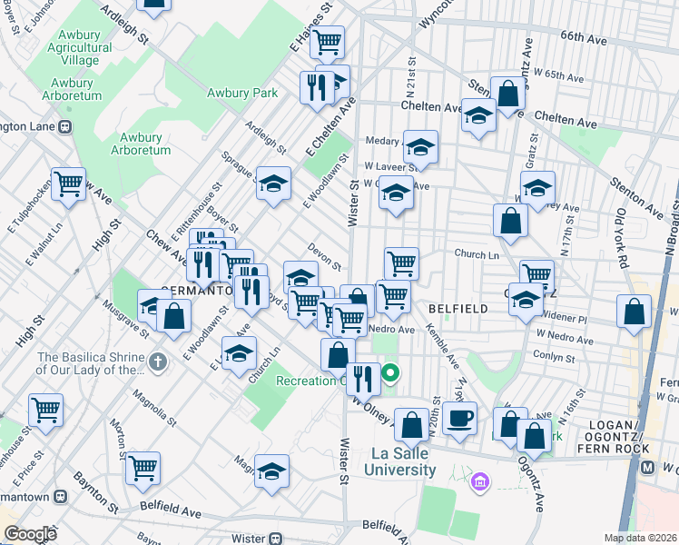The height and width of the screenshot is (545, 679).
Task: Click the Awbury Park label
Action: pos(241,93)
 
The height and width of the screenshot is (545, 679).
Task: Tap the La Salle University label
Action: pos(399,461)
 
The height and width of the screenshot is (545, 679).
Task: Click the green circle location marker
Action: pos(391,372)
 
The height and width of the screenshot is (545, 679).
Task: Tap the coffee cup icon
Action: pos(460,419)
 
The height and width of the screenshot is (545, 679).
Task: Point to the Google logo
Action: pos(30,533)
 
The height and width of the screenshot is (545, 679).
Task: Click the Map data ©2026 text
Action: pos(641,538)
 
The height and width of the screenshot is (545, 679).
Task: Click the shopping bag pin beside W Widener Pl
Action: pos(634,311)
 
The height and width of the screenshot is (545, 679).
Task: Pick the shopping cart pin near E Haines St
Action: pos(328,40)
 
